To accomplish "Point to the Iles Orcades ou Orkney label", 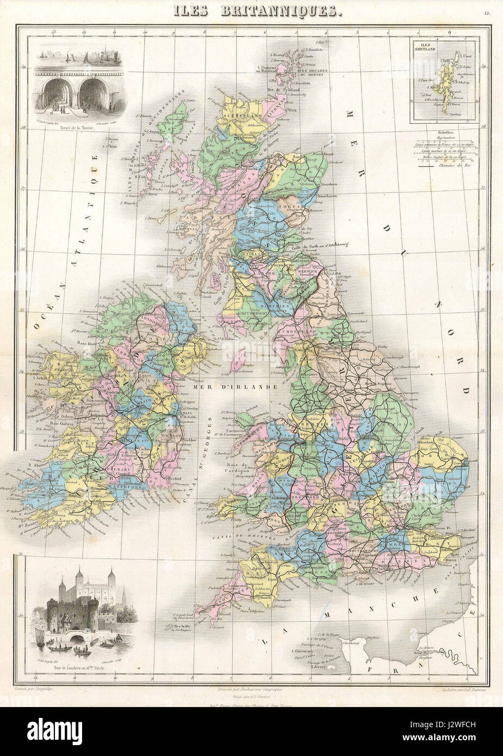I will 311,73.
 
